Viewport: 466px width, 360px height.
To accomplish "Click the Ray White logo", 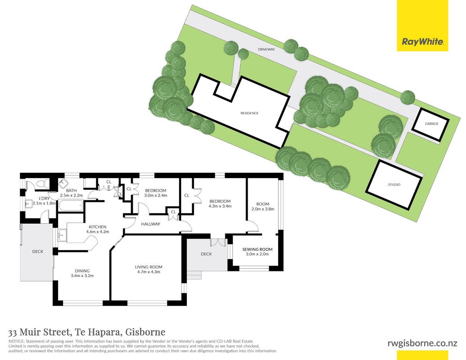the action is point(423,26).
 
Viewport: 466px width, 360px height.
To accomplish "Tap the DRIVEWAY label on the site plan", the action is point(266,49).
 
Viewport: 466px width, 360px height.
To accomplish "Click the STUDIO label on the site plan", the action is point(394,184).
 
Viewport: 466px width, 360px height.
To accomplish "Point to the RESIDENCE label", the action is point(249,113).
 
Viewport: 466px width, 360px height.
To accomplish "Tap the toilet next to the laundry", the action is point(42,184).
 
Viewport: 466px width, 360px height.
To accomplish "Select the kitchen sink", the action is point(63,235).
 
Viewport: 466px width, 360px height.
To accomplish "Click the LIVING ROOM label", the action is point(149,267).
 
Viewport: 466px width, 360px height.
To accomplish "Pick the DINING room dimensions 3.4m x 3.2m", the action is point(82,276).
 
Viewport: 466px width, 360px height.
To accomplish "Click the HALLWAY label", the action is point(151,224).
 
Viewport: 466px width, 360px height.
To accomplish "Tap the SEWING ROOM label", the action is point(258,249).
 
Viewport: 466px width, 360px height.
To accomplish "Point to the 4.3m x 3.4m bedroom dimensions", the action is point(220,206).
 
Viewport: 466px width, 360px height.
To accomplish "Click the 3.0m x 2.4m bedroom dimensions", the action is point(156,195).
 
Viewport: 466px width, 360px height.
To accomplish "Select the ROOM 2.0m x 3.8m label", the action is point(263,207).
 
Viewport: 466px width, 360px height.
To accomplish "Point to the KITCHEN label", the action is point(98,227).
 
